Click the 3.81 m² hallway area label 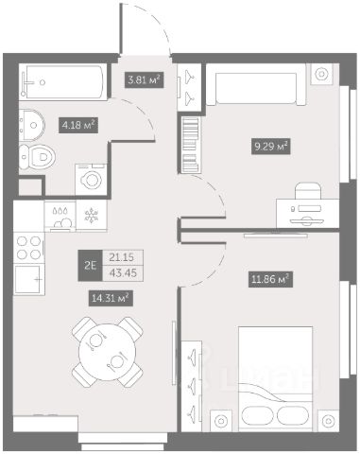pos(145,79)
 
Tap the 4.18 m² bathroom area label pos(78,126)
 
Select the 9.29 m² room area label pos(270,147)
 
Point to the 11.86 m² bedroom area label pos(270,279)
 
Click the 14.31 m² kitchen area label pos(111,298)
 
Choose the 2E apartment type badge pos(91,266)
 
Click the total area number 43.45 pos(123,273)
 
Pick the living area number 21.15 pos(122,257)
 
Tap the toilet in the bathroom pos(37,156)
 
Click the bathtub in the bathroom pos(64,81)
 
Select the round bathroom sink pos(31,125)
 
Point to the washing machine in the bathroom pos(91,180)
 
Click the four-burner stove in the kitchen pos(29,248)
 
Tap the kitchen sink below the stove pos(29,280)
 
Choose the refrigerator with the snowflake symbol pos(92,216)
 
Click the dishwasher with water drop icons pos(60,217)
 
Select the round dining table pos(108,352)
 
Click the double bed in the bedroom pos(275,378)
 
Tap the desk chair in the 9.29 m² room pos(308,191)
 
